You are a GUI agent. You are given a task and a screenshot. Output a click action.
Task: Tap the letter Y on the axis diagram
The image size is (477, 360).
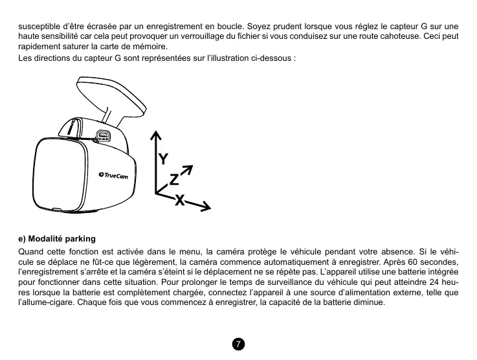pyautogui.click(x=164, y=158)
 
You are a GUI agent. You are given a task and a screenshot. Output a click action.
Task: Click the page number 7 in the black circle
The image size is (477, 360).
pyautogui.click(x=238, y=344)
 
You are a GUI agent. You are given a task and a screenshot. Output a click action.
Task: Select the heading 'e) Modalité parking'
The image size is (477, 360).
pyautogui.click(x=56, y=239)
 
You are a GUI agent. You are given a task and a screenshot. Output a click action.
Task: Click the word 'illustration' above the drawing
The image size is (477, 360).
pyautogui.click(x=236, y=58)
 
